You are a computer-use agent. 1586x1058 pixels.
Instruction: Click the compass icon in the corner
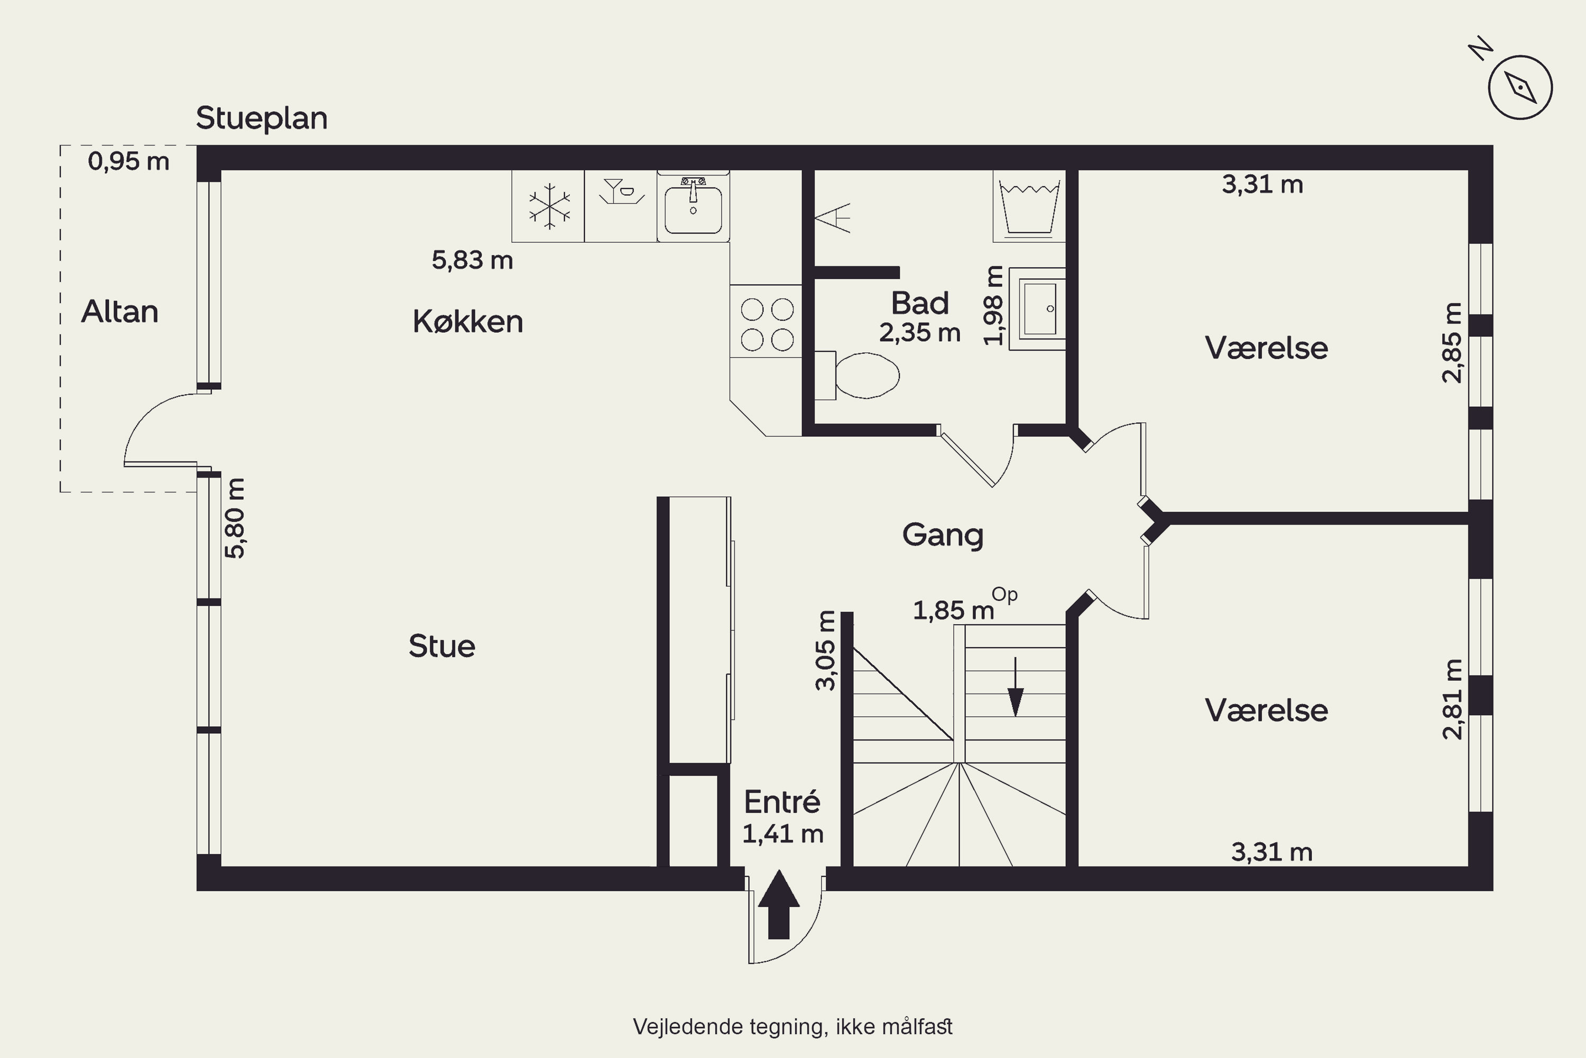pos(1520,87)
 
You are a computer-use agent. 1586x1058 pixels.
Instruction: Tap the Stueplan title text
pos(262,118)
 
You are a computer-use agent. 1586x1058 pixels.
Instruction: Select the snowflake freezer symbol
pos(549,206)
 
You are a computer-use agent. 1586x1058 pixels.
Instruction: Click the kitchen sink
pos(693,206)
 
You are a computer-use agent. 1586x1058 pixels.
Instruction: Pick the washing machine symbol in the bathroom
pos(1029,206)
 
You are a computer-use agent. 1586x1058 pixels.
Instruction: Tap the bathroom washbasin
pos(1037,309)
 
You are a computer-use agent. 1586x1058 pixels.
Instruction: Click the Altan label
pos(120,312)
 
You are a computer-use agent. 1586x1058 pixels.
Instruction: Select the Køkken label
pos(468,321)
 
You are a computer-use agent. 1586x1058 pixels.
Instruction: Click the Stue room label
pos(441,646)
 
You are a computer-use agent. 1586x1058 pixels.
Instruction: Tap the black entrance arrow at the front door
pos(779,904)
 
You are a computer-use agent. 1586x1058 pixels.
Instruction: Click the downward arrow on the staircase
pos(1016,687)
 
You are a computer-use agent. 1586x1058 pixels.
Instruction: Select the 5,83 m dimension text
pos(472,260)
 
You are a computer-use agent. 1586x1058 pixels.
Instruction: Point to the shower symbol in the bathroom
pos(833,218)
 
